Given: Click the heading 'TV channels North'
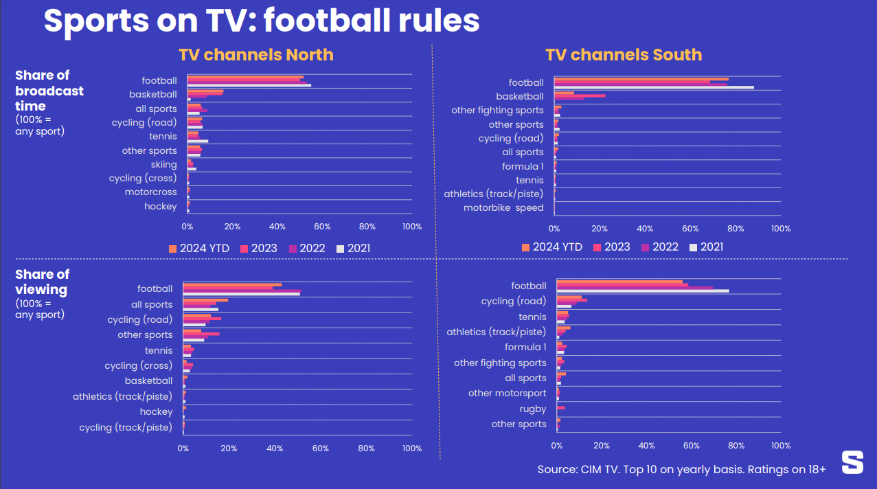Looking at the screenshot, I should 255,55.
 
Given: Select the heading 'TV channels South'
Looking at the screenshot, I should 624,55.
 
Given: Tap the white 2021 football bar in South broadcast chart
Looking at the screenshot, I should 653,87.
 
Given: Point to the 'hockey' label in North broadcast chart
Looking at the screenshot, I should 160,206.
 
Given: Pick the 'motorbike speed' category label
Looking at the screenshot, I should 503,207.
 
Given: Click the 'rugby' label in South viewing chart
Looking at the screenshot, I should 533,409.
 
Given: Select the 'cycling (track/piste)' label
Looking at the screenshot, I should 125,427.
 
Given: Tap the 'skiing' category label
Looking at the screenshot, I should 164,164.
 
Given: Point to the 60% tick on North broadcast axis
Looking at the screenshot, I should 322,226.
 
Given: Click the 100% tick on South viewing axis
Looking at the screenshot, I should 781,445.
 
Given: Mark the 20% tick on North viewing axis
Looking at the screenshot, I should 229,448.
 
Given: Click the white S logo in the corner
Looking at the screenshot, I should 852,462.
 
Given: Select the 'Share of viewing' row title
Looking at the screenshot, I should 42,282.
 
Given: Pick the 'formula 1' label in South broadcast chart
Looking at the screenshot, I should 523,166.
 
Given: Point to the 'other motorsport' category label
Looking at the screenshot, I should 508,393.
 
